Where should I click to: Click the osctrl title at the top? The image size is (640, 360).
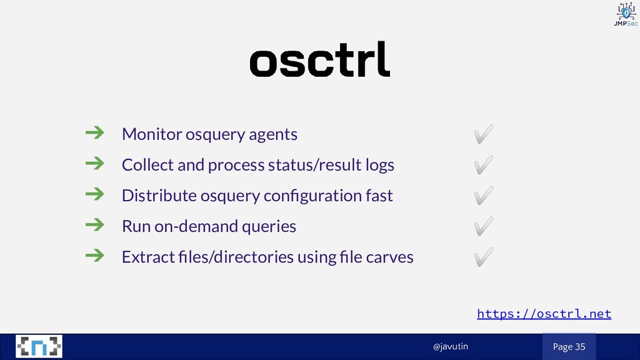(x=319, y=59)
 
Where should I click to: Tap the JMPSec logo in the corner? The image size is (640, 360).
(x=626, y=14)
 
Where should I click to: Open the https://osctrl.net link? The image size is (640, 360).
(x=544, y=314)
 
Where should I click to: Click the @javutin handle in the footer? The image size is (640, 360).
(x=451, y=346)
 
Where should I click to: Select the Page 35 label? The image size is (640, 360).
(x=569, y=346)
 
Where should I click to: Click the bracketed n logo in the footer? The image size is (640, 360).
(x=39, y=346)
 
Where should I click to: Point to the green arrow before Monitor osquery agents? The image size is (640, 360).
(x=95, y=132)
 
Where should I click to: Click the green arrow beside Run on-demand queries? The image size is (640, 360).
(x=95, y=224)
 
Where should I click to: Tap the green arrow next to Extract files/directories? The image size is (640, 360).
(x=95, y=256)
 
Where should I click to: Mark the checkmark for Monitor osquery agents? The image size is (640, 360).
(x=483, y=134)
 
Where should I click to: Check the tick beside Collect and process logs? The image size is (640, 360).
(x=483, y=165)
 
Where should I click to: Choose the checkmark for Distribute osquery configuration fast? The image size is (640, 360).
(x=483, y=196)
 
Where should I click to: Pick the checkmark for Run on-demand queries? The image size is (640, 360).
(x=483, y=226)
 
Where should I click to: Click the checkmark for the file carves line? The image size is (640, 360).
(x=483, y=257)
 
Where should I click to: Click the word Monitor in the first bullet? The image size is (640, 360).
(x=152, y=134)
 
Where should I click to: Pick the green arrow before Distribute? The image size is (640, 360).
(x=95, y=194)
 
